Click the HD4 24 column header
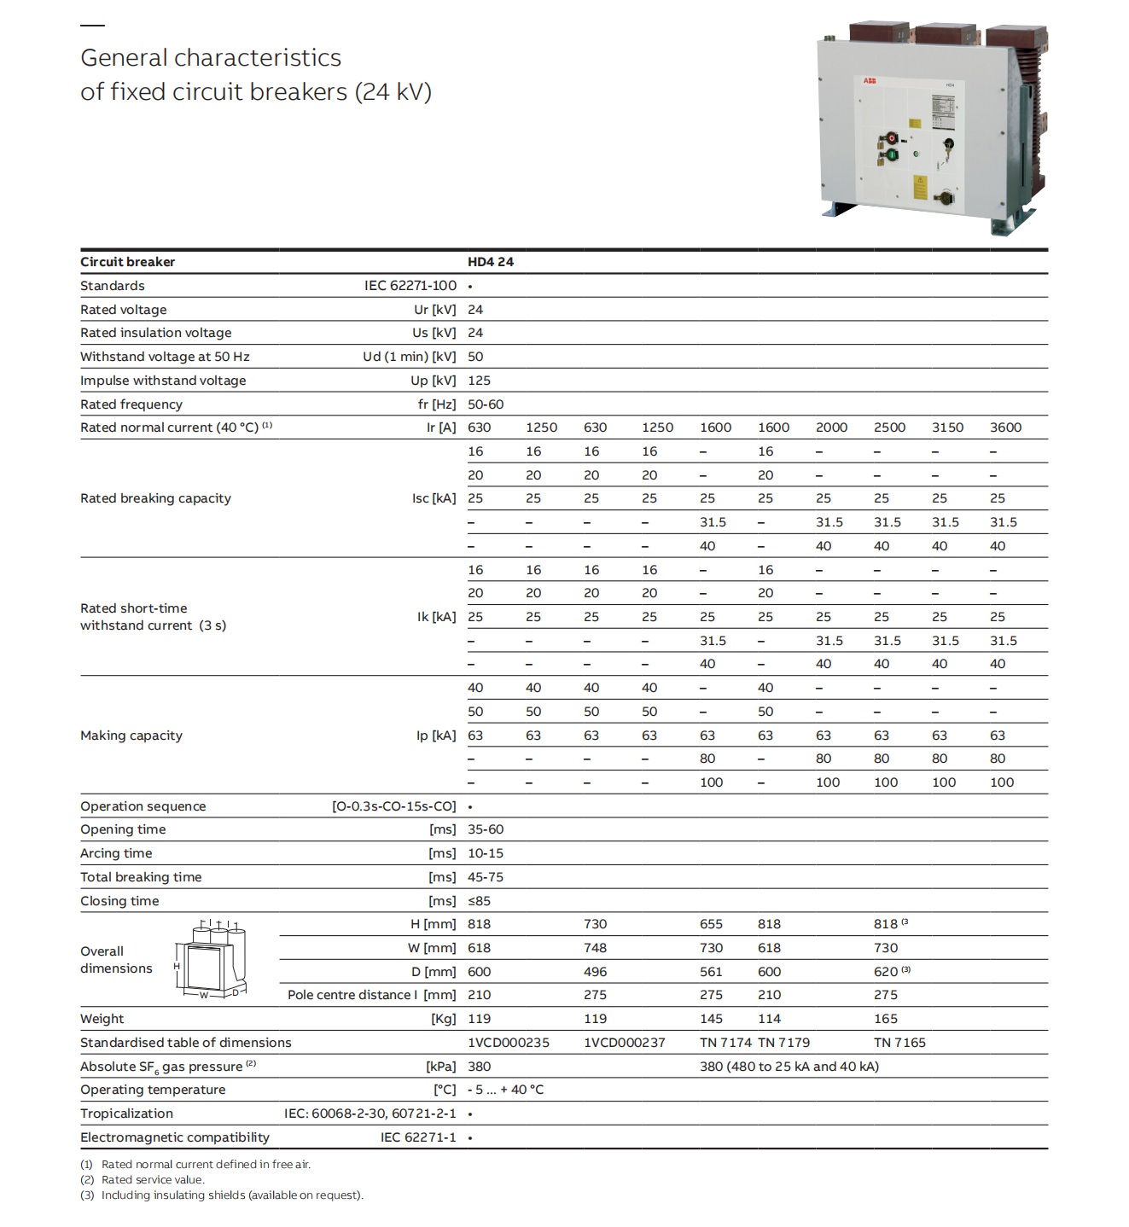490,262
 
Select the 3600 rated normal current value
1005,427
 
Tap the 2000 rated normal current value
831,427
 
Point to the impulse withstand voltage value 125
479,381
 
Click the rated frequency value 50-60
485,404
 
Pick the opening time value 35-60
485,829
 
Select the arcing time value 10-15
485,853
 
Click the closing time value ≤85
479,901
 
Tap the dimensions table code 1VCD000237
624,1043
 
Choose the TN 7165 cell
899,1043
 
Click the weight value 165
885,1019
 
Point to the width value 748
595,948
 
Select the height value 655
711,924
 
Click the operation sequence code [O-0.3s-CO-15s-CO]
393,806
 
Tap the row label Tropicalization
126,1114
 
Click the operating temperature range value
505,1090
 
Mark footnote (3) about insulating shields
222,1195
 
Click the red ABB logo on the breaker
870,81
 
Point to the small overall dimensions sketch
211,960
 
